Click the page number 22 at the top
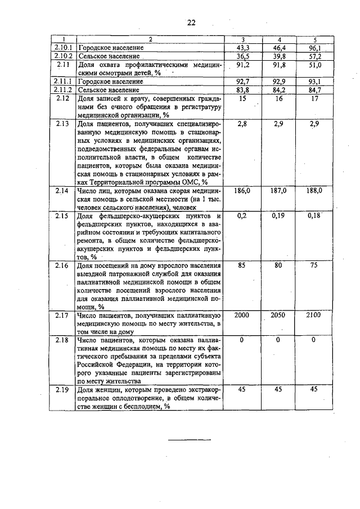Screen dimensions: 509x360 coord(191,22)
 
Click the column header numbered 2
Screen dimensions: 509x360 coord(150,40)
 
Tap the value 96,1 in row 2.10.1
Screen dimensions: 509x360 coord(315,48)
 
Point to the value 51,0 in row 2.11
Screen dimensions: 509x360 coord(315,65)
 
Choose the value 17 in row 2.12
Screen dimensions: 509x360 coord(314,98)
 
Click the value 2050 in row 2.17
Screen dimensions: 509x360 coord(279,315)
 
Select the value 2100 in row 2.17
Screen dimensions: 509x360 coord(314,315)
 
